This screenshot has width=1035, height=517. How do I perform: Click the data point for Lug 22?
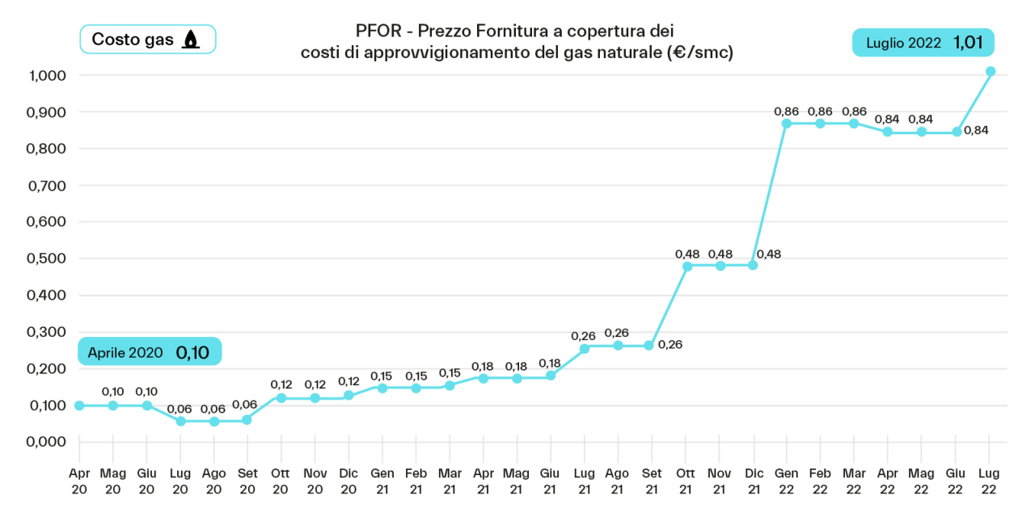(991, 71)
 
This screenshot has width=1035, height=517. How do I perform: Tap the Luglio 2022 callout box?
(923, 43)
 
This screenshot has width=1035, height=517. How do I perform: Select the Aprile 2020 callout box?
(150, 352)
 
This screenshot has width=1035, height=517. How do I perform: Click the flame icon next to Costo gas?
(190, 40)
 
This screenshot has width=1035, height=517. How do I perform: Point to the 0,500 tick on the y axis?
(44, 258)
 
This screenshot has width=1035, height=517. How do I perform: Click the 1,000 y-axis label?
(44, 75)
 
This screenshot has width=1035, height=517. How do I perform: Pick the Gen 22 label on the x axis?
(787, 481)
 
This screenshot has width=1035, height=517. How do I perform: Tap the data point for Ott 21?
(686, 266)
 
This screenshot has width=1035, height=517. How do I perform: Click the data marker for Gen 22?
(787, 124)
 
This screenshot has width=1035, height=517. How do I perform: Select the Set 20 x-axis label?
(247, 481)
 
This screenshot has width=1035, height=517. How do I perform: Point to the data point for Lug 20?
(180, 421)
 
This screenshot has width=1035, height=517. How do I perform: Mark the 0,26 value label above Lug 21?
(583, 335)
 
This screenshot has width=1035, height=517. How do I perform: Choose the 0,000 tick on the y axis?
(44, 442)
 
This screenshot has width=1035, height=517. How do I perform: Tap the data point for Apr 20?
(79, 406)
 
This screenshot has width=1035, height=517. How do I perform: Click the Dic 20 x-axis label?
(349, 481)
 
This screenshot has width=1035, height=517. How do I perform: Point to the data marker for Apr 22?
(888, 132)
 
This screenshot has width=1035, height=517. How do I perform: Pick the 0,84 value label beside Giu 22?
(977, 131)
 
